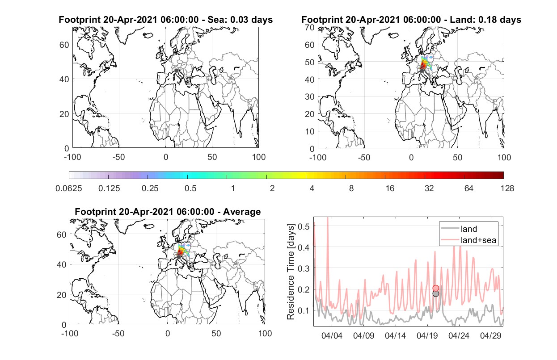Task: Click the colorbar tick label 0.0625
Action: click(x=69, y=188)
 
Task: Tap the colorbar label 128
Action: click(x=507, y=188)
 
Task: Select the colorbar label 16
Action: click(x=390, y=188)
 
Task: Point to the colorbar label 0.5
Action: click(x=190, y=188)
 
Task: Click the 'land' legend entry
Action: click(x=469, y=229)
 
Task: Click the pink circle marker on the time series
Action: click(x=436, y=288)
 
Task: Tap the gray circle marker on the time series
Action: click(x=436, y=293)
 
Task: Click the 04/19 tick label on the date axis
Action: click(x=427, y=336)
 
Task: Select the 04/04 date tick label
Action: click(x=332, y=336)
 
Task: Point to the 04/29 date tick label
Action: click(x=490, y=336)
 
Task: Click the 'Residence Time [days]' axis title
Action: click(x=291, y=272)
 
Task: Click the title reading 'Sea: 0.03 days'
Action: click(x=240, y=20)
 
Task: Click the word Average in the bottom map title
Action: click(x=242, y=212)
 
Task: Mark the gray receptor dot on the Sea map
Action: click(x=176, y=71)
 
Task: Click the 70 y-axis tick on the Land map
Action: click(x=310, y=27)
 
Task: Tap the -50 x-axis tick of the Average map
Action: click(x=118, y=333)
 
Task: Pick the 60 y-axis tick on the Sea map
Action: click(x=64, y=45)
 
